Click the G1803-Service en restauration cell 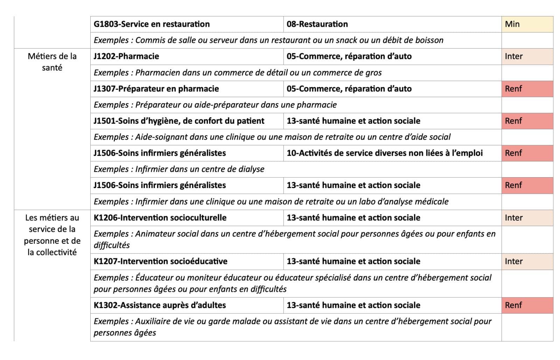tap(152, 24)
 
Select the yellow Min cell tap(527, 24)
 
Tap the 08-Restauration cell tap(317, 24)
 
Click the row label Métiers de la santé tap(52, 62)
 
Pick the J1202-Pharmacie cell tap(126, 56)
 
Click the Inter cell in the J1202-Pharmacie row tap(527, 56)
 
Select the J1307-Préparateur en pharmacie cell tap(156, 89)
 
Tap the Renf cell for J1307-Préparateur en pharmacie tap(527, 89)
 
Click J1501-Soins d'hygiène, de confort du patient tap(178, 121)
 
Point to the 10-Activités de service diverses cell tap(384, 153)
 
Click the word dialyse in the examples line tap(251, 169)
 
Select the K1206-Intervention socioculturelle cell tap(160, 217)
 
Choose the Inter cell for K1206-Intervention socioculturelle tap(527, 217)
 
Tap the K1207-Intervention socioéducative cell tap(160, 261)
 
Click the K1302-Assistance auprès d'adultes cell tap(160, 305)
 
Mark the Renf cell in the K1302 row tap(527, 305)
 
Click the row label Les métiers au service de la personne tap(52, 235)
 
